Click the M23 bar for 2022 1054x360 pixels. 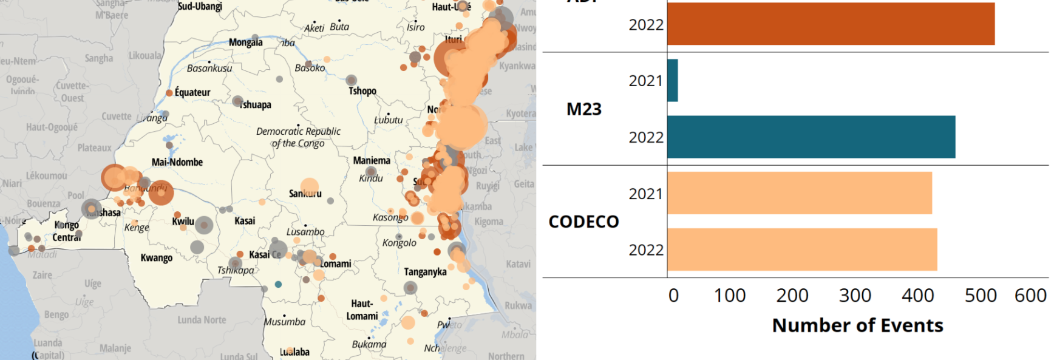pyautogui.click(x=811, y=137)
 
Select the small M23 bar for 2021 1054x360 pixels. pyautogui.click(x=672, y=81)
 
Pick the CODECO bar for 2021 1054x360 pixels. pyautogui.click(x=799, y=193)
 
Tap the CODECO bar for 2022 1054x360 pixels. pyautogui.click(x=801, y=250)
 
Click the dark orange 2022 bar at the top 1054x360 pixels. pyautogui.click(x=830, y=24)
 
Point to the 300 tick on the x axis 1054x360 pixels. pyautogui.click(x=854, y=296)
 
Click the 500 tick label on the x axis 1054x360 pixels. pyautogui.click(x=980, y=296)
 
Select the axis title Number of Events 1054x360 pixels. pyautogui.click(x=857, y=325)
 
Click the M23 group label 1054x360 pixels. pyautogui.click(x=583, y=109)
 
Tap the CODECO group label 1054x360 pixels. pyautogui.click(x=583, y=222)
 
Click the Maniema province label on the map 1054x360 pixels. pyautogui.click(x=372, y=161)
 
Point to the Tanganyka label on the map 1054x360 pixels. pyautogui.click(x=425, y=272)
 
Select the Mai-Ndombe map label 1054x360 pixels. pyautogui.click(x=177, y=162)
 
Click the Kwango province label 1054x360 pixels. pyautogui.click(x=157, y=258)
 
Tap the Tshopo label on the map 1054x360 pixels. pyautogui.click(x=362, y=91)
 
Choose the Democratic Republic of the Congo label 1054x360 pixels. pyautogui.click(x=298, y=137)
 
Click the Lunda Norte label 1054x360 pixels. pyautogui.click(x=202, y=320)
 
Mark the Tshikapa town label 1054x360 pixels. pyautogui.click(x=236, y=271)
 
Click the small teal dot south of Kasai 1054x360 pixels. pyautogui.click(x=278, y=284)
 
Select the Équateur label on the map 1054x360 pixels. pyautogui.click(x=192, y=92)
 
